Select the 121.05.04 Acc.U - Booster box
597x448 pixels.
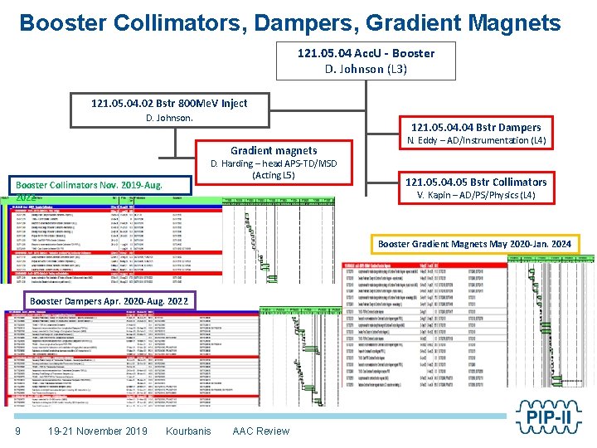tap(366, 61)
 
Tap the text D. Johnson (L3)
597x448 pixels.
tap(366, 69)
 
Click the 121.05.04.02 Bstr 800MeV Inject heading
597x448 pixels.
tap(169, 104)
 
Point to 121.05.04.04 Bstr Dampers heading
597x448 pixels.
tap(475, 127)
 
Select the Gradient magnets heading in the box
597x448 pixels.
tap(274, 150)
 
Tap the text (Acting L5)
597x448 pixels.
tap(274, 176)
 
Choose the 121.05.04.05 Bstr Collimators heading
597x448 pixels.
tap(475, 182)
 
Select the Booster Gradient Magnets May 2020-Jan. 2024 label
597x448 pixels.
tap(474, 244)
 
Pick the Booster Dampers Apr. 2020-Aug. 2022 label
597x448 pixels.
tap(109, 299)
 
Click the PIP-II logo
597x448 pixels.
tap(549, 416)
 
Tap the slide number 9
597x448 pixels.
tap(17, 431)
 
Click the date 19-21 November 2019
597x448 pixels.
tap(98, 431)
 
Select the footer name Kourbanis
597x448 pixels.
tap(188, 431)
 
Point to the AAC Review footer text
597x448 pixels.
tap(261, 431)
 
